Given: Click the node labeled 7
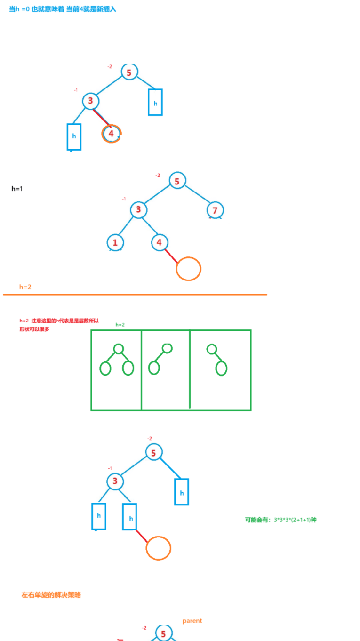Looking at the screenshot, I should pyautogui.click(x=215, y=210).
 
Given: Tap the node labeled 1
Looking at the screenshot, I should pyautogui.click(x=115, y=243).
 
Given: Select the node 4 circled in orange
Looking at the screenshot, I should pyautogui.click(x=112, y=134).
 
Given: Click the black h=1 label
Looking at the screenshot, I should pyautogui.click(x=17, y=189).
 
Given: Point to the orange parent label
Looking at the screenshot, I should pyautogui.click(x=192, y=621).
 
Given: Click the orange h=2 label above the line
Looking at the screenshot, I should pyautogui.click(x=25, y=287).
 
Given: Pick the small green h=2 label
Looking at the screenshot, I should pyautogui.click(x=120, y=325).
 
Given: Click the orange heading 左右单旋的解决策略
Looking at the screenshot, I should pyautogui.click(x=51, y=595).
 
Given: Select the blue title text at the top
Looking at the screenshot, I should pyautogui.click(x=63, y=9).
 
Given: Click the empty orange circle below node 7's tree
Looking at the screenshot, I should pyautogui.click(x=189, y=269).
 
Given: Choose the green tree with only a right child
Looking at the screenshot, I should pyautogui.click(x=217, y=360).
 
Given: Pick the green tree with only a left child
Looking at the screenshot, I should pyautogui.click(x=160, y=360).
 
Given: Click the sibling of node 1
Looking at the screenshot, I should pyautogui.click(x=160, y=242).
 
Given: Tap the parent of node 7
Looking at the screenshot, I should pyautogui.click(x=177, y=181).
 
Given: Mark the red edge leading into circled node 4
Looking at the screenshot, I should pyautogui.click(x=102, y=118).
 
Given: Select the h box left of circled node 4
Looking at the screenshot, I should pyautogui.click(x=74, y=136).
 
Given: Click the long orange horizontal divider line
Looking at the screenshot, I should pyautogui.click(x=135, y=295).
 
